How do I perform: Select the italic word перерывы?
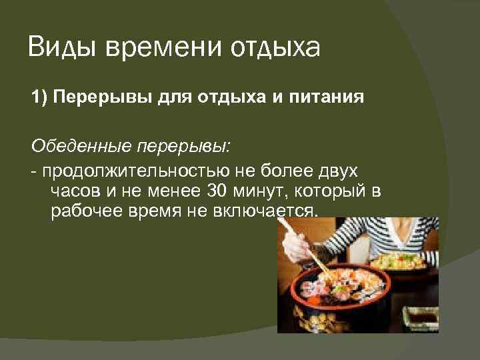tap(180, 145)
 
